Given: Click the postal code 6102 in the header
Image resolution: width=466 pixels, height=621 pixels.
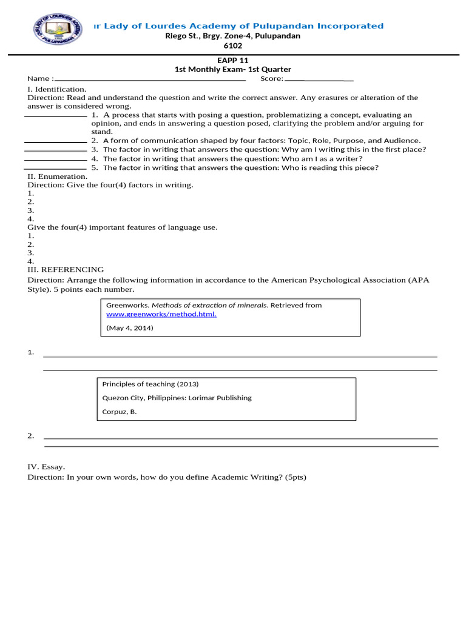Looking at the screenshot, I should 233,45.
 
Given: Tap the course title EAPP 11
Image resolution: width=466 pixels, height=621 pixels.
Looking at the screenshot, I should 233,61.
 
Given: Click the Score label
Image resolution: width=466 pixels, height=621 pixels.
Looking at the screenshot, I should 271,79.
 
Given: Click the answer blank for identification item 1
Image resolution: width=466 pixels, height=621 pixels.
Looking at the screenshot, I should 55,115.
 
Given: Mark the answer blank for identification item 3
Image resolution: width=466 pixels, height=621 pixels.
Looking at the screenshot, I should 55,150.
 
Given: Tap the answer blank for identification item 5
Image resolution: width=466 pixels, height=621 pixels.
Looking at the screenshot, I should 55,168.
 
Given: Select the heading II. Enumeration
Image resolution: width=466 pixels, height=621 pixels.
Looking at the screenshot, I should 58,176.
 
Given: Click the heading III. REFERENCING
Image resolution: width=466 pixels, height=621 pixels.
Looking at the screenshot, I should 66,269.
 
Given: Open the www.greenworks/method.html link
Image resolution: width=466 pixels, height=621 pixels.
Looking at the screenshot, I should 161,314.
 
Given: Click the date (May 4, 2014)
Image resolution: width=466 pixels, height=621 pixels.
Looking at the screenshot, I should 130,328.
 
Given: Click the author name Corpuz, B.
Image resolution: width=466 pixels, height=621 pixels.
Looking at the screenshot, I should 120,412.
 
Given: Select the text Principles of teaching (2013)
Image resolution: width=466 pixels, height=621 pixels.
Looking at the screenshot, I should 150,384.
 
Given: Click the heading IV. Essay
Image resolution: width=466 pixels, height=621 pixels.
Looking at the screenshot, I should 46,467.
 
